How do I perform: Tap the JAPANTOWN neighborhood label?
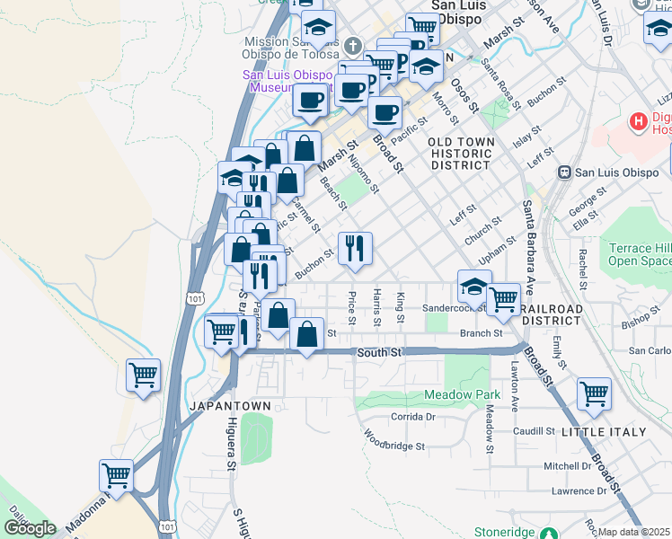coord(230,406)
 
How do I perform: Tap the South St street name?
coord(378,353)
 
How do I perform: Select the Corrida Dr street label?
coord(413,417)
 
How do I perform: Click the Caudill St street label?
coord(534,431)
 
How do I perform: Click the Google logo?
coord(30,527)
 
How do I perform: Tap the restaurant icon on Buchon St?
coord(355,247)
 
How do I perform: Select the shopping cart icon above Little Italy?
coord(594,393)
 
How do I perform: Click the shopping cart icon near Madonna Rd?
coord(116,475)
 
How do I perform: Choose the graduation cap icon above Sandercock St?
coord(474,287)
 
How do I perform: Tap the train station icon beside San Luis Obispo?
coord(564,172)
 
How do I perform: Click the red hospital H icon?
coord(638,120)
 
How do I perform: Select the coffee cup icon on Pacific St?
coord(385,112)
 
